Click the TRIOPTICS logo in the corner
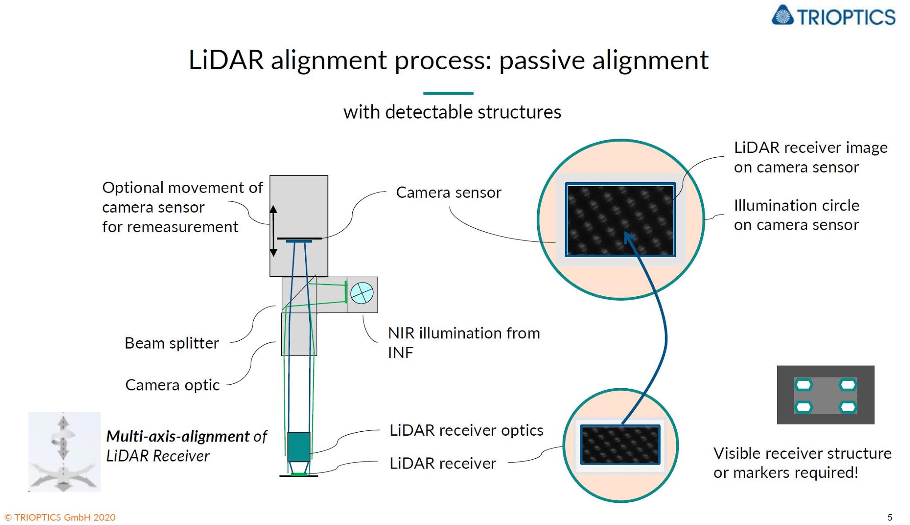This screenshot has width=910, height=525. (x=834, y=16)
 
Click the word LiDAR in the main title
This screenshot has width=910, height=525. (x=226, y=60)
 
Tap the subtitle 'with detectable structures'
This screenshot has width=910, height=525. (x=452, y=112)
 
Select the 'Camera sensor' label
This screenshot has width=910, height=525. (x=448, y=192)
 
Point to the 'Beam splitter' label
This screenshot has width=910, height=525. (x=172, y=343)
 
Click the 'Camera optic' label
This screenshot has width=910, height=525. (x=172, y=385)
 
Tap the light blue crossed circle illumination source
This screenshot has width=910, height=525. (x=362, y=293)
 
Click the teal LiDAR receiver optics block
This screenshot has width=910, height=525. (x=299, y=446)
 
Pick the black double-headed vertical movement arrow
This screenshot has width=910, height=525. (x=274, y=231)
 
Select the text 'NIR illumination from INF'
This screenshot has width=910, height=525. (x=463, y=342)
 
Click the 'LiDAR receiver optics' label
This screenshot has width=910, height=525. (x=466, y=430)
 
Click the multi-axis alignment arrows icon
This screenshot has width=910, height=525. (x=64, y=452)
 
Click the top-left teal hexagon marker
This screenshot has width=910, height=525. (x=803, y=384)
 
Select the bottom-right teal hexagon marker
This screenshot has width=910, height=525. (x=847, y=406)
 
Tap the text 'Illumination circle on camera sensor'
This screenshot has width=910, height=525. (x=796, y=215)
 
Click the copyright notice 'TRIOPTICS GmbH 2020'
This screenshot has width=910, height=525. (x=60, y=517)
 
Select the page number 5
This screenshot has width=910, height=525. (x=890, y=517)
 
